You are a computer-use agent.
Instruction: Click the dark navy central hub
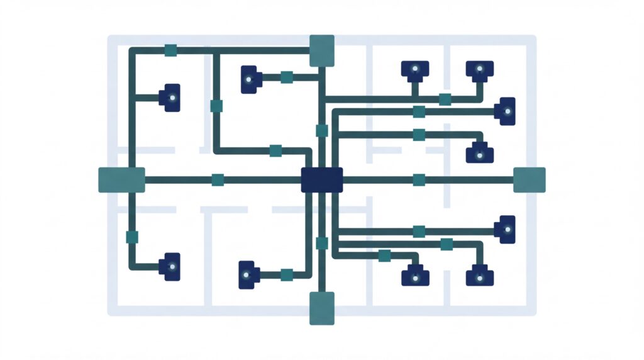(321, 179)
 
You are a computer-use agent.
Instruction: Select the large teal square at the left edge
(121, 179)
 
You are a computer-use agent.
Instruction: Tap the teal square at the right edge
(529, 179)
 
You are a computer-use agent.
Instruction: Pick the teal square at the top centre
(321, 50)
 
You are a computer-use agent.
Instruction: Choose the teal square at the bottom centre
(321, 308)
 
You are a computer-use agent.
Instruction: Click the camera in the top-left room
(170, 98)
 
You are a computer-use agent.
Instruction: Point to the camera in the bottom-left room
(169, 266)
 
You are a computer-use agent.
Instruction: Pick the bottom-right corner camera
(479, 276)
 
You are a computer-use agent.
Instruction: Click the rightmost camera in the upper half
(506, 111)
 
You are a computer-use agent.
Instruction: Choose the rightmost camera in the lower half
(506, 229)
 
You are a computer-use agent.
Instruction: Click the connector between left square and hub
(218, 179)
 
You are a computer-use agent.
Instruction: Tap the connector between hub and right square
(419, 179)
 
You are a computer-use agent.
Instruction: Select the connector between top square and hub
(321, 131)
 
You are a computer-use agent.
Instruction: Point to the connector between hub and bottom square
(321, 243)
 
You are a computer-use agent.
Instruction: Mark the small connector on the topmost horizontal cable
(170, 50)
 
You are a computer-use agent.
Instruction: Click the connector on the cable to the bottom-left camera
(132, 237)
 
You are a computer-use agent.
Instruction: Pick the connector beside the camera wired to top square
(287, 77)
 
